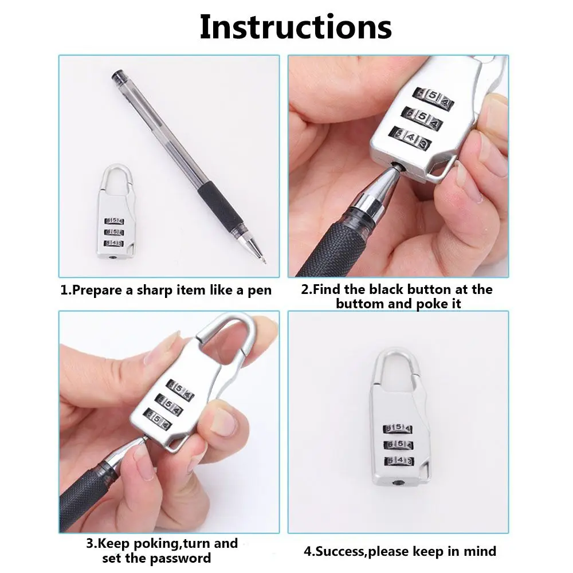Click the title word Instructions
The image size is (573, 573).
295,26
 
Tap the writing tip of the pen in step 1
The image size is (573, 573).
264,261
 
